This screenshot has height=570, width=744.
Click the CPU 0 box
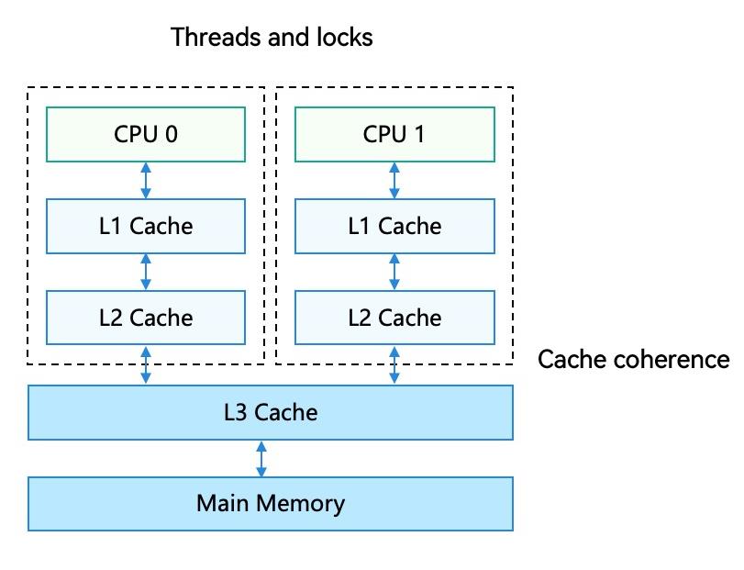coord(146,134)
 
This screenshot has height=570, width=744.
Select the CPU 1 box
coord(394,134)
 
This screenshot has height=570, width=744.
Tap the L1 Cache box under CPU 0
coord(146,226)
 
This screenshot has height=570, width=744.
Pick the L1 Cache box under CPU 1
coord(394,226)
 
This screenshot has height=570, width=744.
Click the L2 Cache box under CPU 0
coord(146,318)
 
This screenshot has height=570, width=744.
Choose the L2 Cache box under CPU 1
coord(394,318)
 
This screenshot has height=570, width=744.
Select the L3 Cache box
coord(271,412)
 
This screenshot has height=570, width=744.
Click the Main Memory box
coord(271,503)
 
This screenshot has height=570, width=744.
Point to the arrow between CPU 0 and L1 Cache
coord(146,180)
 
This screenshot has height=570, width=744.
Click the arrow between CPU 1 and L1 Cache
coord(394,180)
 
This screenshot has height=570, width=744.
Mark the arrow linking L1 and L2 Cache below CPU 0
coord(146,272)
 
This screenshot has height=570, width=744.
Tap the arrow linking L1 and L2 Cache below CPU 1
coord(394,272)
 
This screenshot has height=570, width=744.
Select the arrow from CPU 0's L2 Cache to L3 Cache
coord(146,364)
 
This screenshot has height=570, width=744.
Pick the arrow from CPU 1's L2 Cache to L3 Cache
coord(394,364)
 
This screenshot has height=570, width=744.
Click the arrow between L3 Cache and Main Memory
coord(261,458)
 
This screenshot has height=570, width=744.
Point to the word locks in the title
coord(346,38)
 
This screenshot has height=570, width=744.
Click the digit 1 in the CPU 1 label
coord(419,134)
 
